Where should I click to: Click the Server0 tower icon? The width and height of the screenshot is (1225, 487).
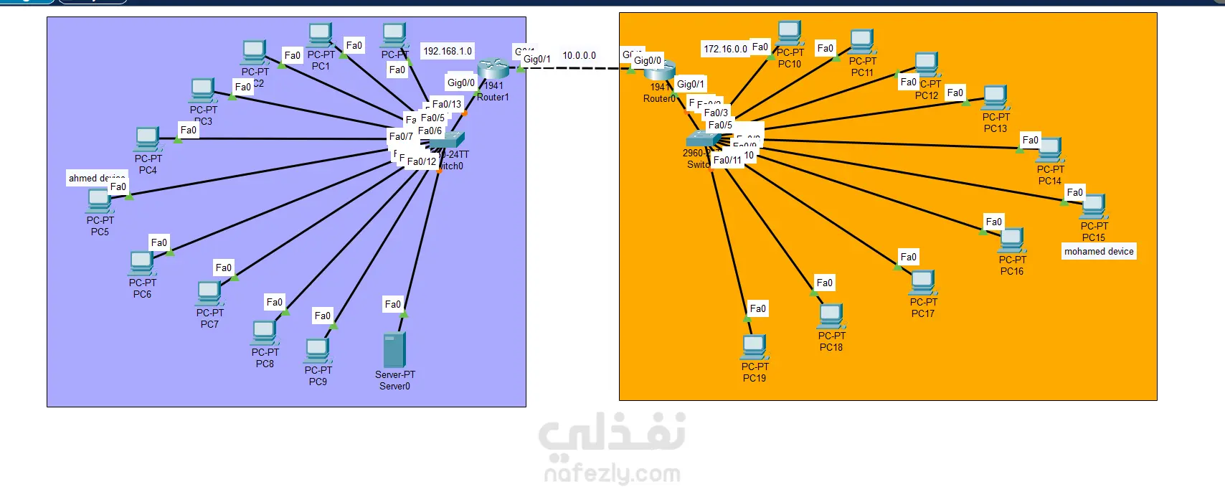pyautogui.click(x=394, y=350)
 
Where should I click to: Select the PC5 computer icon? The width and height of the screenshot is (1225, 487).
pyautogui.click(x=98, y=200)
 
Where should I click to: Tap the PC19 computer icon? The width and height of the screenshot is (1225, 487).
pyautogui.click(x=755, y=347)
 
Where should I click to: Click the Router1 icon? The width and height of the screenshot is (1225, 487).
pyautogui.click(x=493, y=70)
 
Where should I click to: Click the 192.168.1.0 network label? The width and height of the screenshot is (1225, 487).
pyautogui.click(x=448, y=51)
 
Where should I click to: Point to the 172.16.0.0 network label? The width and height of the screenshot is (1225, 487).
pyautogui.click(x=725, y=49)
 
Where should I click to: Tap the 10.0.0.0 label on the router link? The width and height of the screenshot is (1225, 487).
pyautogui.click(x=579, y=55)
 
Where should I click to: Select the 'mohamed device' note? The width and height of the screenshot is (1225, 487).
pyautogui.click(x=1099, y=252)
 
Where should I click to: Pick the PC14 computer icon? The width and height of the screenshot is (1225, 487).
pyautogui.click(x=1050, y=150)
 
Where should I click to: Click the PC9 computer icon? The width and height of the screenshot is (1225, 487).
pyautogui.click(x=318, y=351)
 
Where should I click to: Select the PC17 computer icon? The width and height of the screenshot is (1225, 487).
pyautogui.click(x=923, y=283)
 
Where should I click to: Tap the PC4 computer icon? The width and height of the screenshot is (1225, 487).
pyautogui.click(x=148, y=139)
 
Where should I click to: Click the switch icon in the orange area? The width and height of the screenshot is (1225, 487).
pyautogui.click(x=703, y=139)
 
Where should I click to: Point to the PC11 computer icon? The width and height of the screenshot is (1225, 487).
pyautogui.click(x=862, y=42)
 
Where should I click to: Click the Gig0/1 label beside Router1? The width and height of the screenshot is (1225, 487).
pyautogui.click(x=537, y=60)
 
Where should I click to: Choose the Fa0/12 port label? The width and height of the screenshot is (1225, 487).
pyautogui.click(x=422, y=161)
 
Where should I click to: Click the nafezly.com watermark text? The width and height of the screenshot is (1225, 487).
pyautogui.click(x=612, y=473)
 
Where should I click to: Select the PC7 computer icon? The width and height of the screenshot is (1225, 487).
pyautogui.click(x=209, y=293)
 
